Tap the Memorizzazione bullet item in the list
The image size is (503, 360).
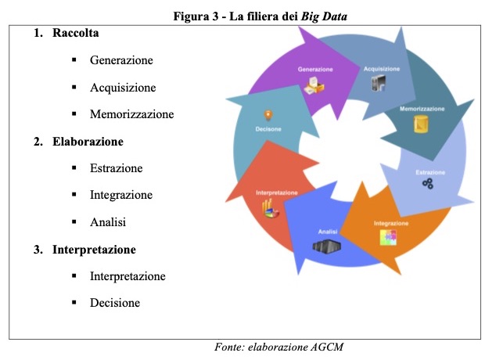click(x=131, y=114)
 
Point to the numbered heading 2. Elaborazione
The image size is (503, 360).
click(x=78, y=142)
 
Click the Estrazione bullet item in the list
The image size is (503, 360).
click(x=116, y=168)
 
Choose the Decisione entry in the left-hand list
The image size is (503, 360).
click(x=115, y=303)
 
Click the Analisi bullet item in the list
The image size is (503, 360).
click(x=108, y=222)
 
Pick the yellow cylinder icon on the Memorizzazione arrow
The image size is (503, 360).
click(x=422, y=125)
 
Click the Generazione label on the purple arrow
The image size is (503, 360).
click(x=315, y=70)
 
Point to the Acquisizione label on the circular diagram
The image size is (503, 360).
click(x=381, y=69)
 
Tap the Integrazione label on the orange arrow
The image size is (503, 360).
click(x=390, y=223)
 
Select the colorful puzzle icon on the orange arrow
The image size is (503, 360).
click(x=389, y=238)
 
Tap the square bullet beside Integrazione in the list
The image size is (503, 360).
click(x=73, y=196)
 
